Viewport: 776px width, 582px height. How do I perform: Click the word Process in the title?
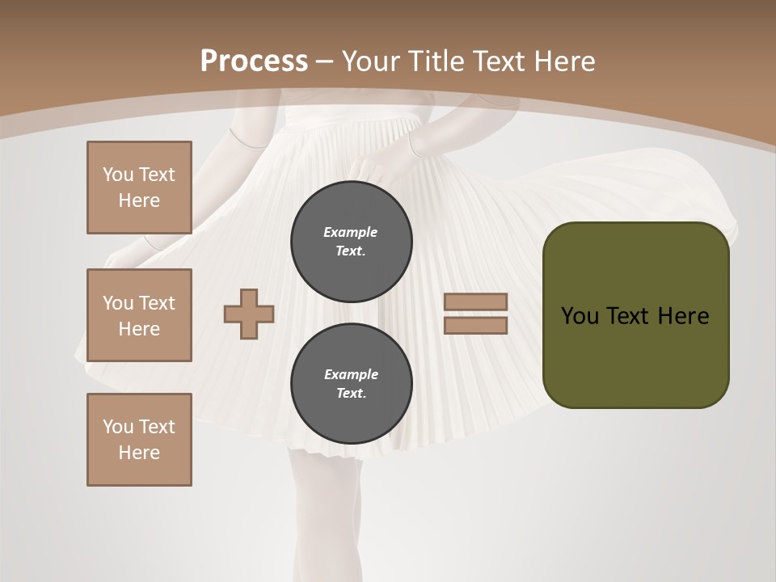click(x=254, y=61)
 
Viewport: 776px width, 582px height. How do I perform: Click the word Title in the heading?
click(x=435, y=61)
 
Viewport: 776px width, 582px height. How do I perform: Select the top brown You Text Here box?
click(x=139, y=188)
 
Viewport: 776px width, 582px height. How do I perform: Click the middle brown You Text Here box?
click(x=139, y=315)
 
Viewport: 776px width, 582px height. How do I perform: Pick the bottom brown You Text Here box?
click(x=139, y=440)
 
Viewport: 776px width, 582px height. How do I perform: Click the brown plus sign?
click(x=249, y=314)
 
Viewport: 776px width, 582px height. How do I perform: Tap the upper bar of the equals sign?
click(x=476, y=302)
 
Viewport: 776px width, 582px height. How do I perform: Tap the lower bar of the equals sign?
click(x=476, y=326)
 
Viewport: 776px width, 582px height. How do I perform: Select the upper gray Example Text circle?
click(x=352, y=242)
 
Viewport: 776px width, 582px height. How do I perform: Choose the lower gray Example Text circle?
click(x=352, y=384)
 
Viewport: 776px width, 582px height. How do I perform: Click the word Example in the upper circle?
click(x=351, y=232)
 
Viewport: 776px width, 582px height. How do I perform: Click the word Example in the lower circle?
click(x=351, y=374)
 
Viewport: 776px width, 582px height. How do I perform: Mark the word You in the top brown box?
click(x=117, y=175)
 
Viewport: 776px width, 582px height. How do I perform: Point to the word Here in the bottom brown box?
click(x=139, y=453)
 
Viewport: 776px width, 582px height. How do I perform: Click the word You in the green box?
click(x=580, y=316)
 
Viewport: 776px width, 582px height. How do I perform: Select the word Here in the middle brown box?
click(x=139, y=329)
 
